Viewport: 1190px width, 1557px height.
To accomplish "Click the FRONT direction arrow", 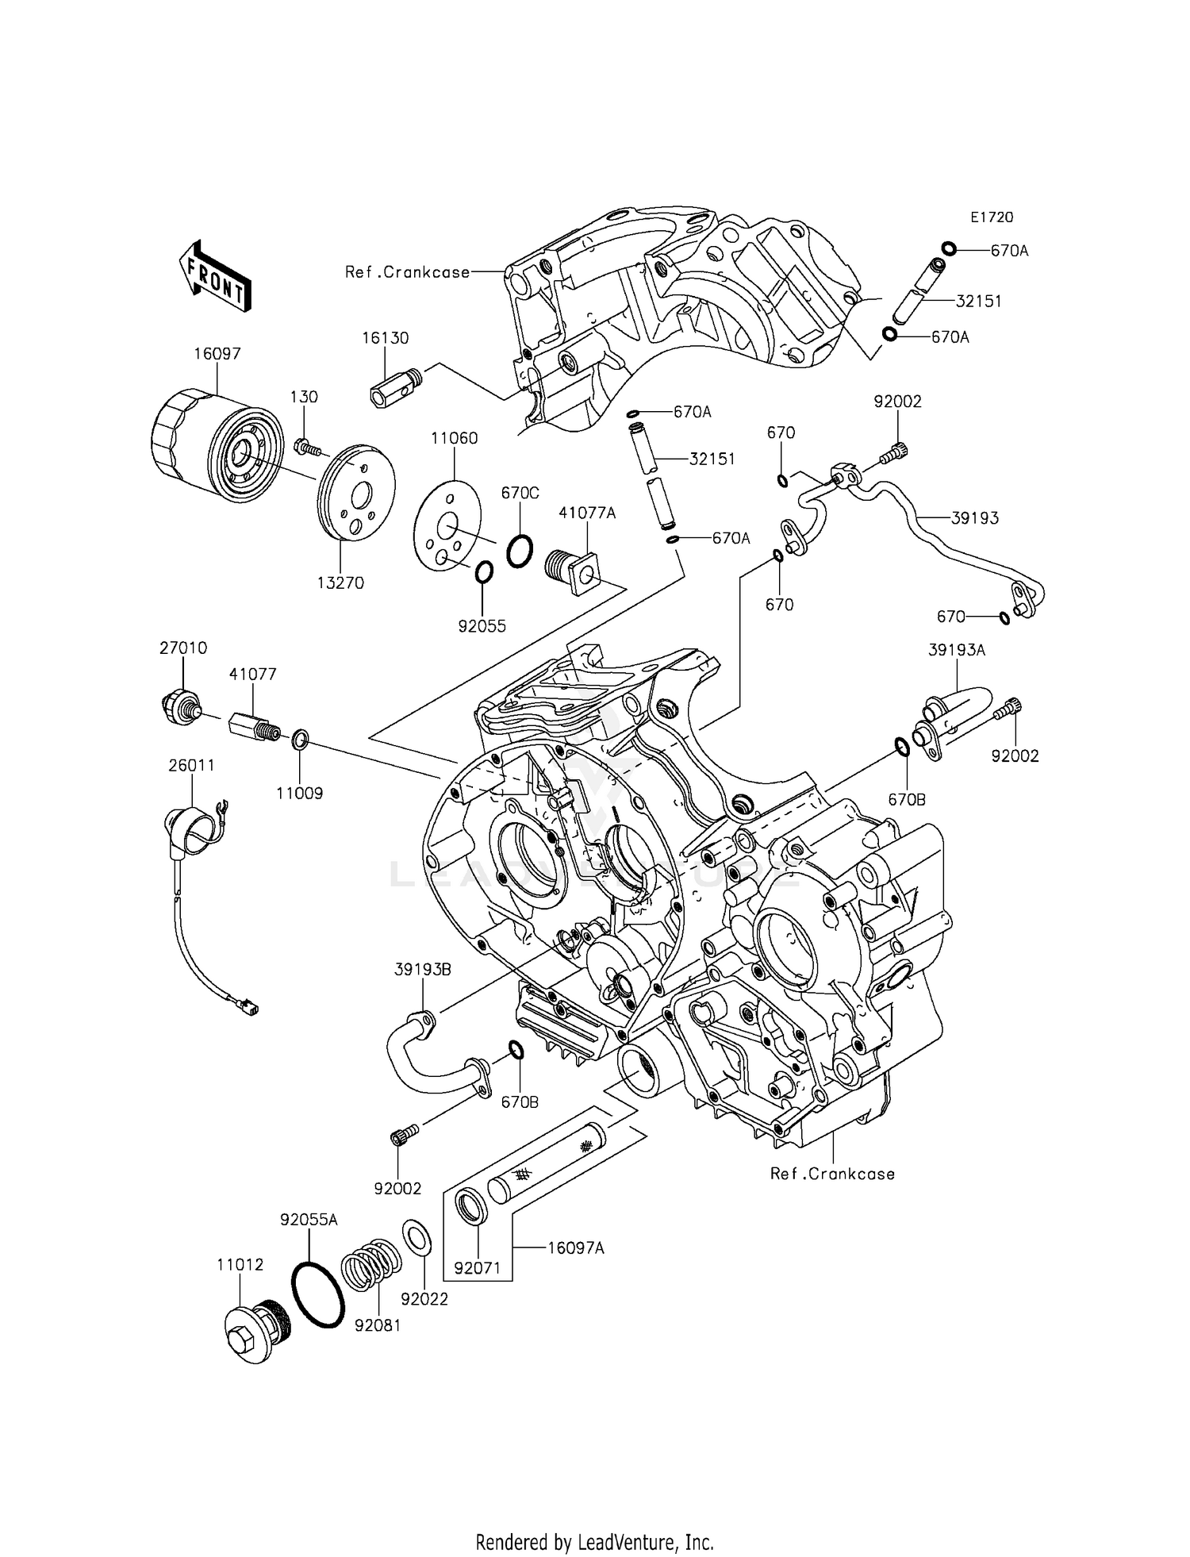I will pyautogui.click(x=215, y=275).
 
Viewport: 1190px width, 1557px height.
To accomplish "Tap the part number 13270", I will pyautogui.click(x=340, y=582).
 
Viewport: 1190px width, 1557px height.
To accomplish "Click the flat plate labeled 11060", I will pyautogui.click(x=447, y=525).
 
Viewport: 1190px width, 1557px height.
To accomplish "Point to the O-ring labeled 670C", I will pyautogui.click(x=520, y=550).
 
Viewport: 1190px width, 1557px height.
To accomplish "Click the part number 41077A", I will pyautogui.click(x=587, y=513).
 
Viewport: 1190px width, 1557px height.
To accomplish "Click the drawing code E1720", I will pyautogui.click(x=992, y=217).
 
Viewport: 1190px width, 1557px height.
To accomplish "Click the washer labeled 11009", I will pyautogui.click(x=301, y=741).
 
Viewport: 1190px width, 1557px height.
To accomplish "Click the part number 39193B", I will pyautogui.click(x=423, y=970).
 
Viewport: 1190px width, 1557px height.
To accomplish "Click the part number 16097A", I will pyautogui.click(x=575, y=1248).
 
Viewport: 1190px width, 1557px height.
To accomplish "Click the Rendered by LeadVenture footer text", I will pyautogui.click(x=594, y=1542).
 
